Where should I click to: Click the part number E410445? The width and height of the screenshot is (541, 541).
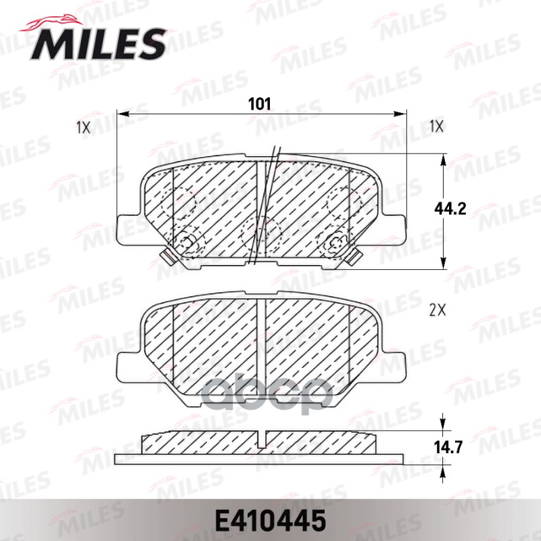pyautogui.click(x=270, y=521)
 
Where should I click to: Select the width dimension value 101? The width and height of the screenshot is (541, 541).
pyautogui.click(x=260, y=103)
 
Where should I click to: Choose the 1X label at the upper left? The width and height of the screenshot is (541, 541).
pyautogui.click(x=83, y=126)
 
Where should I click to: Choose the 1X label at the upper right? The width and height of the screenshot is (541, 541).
pyautogui.click(x=436, y=126)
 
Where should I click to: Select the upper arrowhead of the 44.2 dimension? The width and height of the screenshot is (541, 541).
pyautogui.click(x=443, y=159)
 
